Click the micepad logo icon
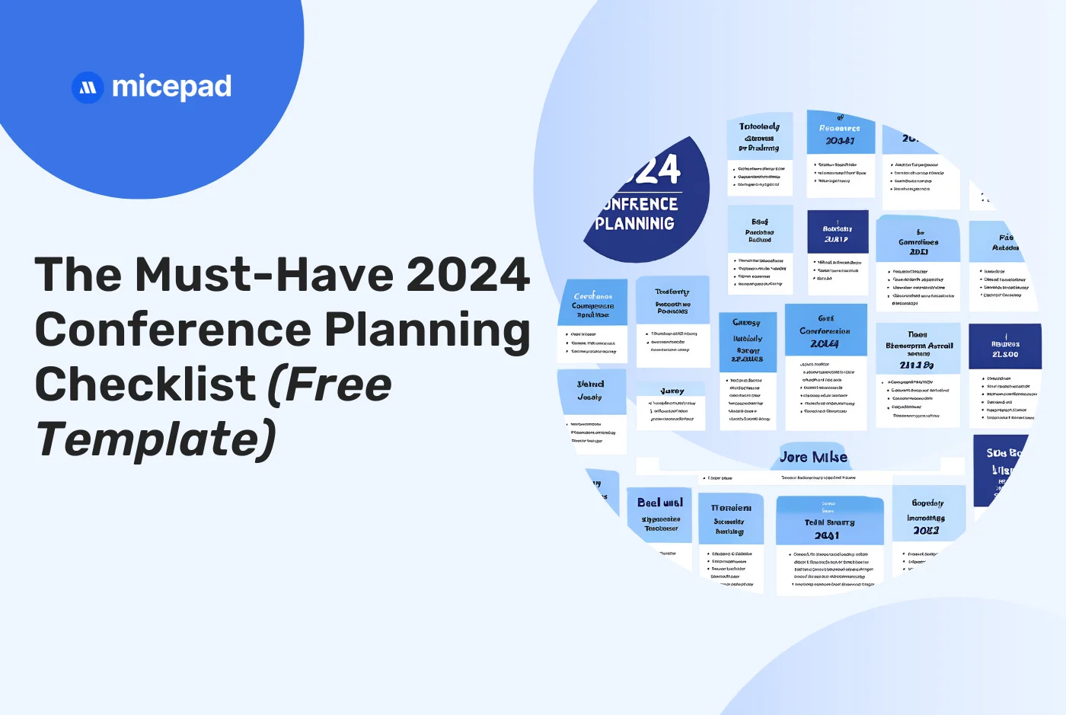[88, 88]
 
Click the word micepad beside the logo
[171, 88]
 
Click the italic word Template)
[156, 439]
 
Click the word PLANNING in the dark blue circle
[635, 223]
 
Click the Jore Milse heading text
[813, 457]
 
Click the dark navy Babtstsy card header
[838, 232]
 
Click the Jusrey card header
[672, 391]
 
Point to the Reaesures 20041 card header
[840, 133]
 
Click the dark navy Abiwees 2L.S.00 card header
[1005, 348]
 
